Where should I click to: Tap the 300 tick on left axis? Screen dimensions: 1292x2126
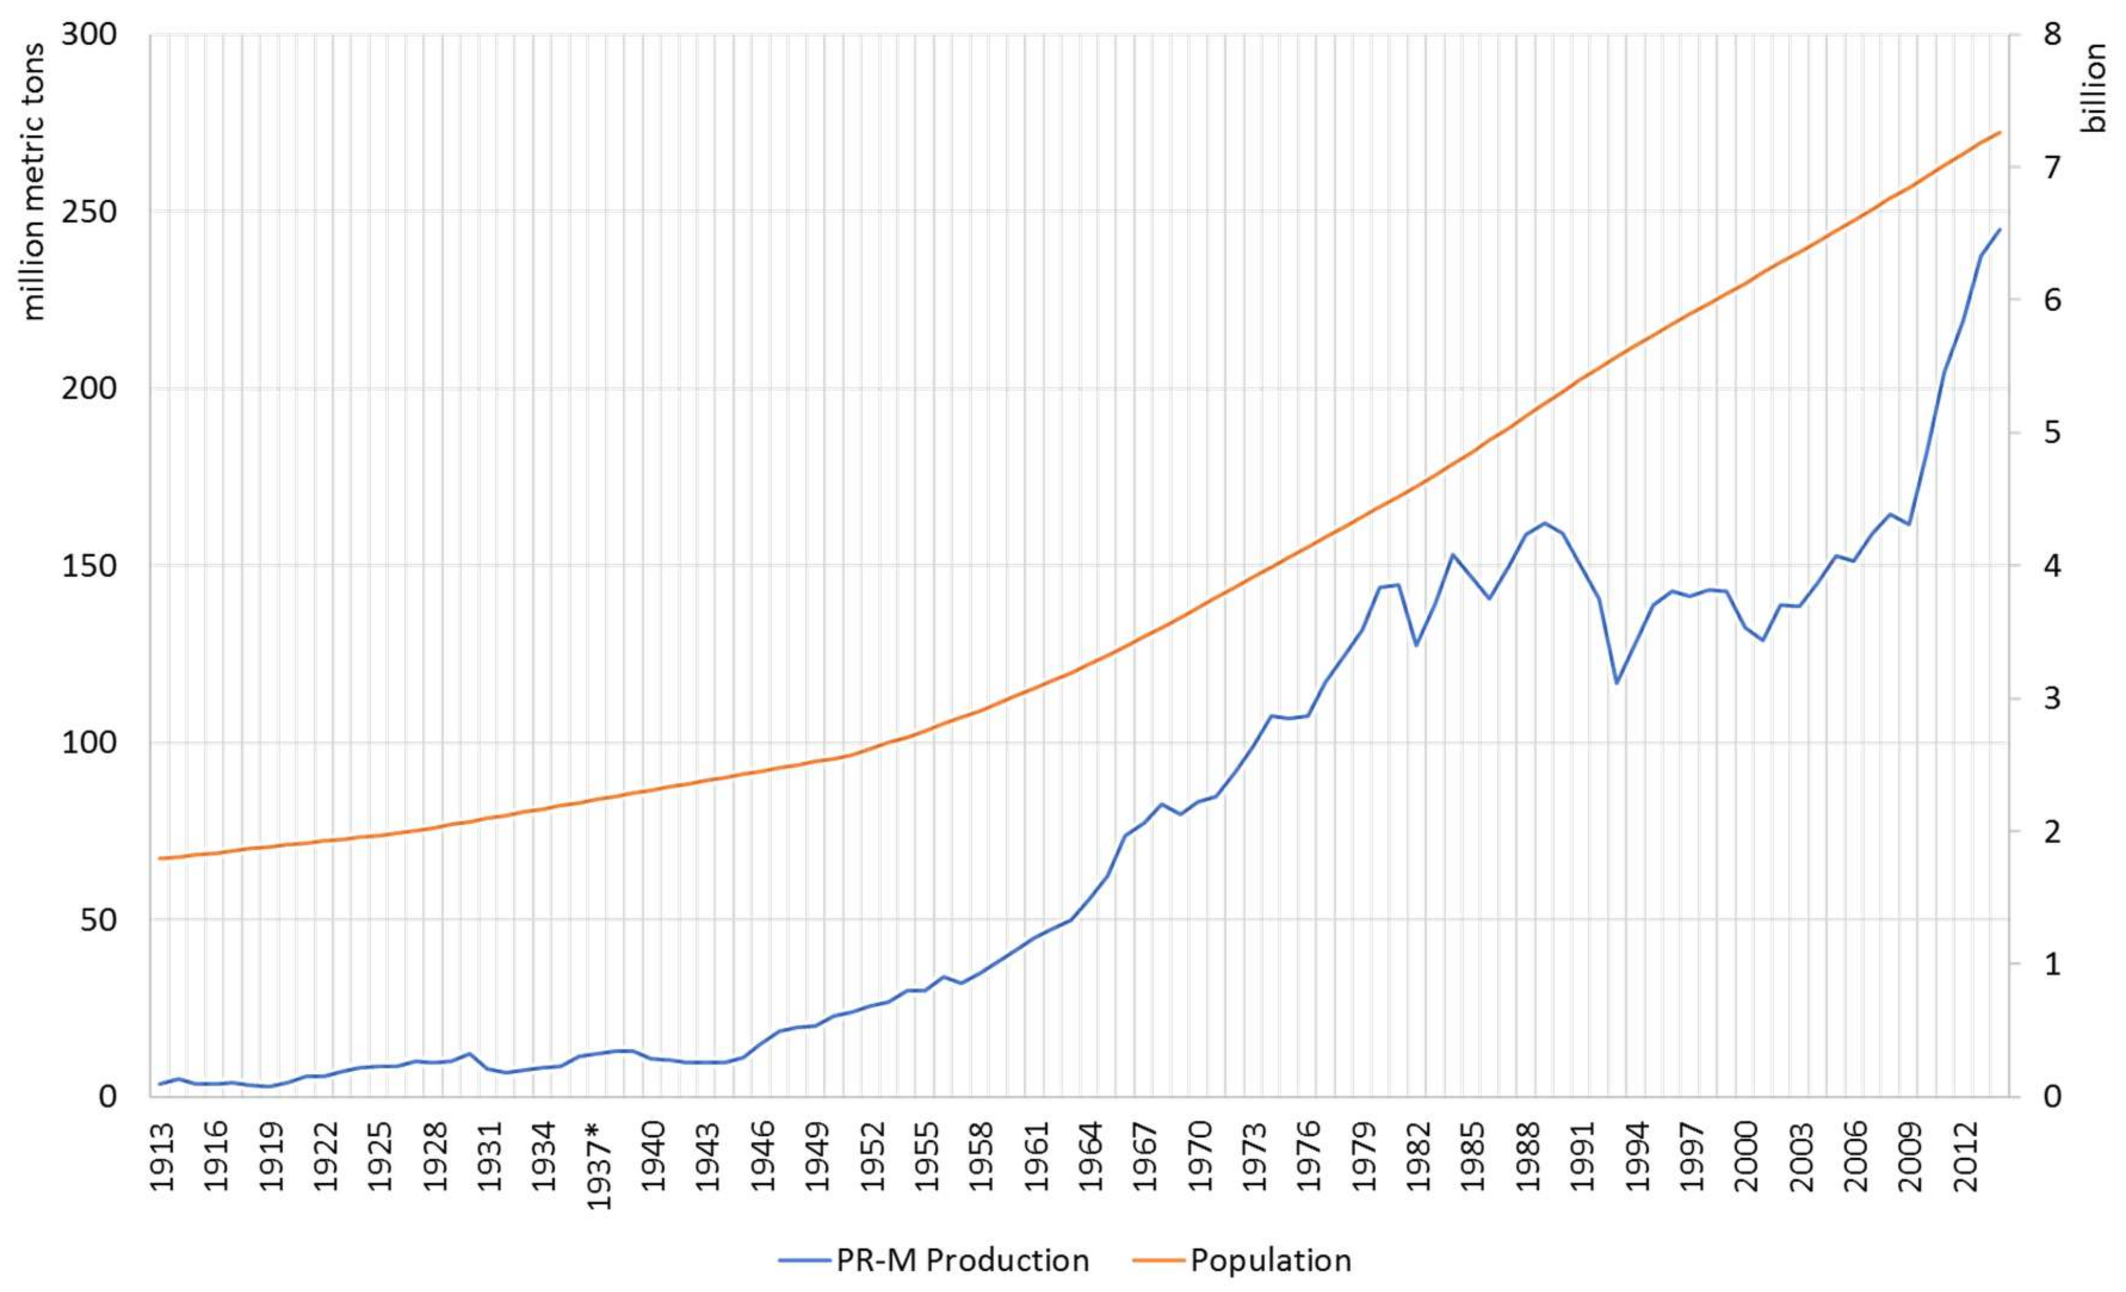pyautogui.click(x=89, y=35)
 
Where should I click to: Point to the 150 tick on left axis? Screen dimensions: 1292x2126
pyautogui.click(x=89, y=565)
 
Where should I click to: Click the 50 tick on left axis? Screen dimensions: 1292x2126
pyautogui.click(x=99, y=919)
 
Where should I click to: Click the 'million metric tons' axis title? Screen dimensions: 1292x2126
pyautogui.click(x=32, y=182)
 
